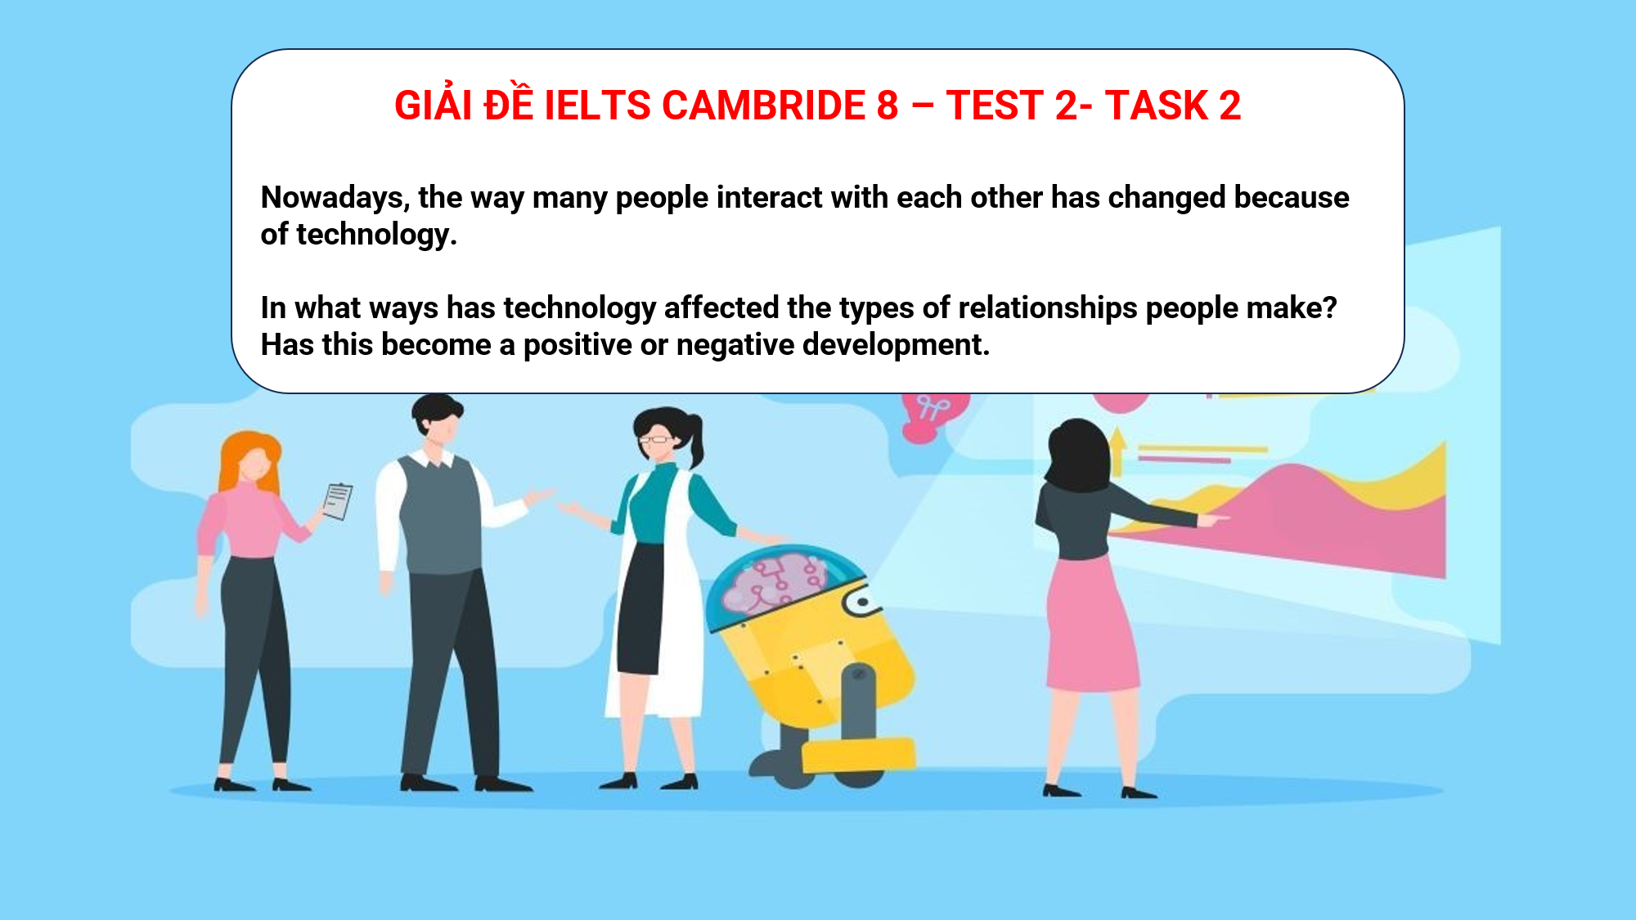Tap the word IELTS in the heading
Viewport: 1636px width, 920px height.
pyautogui.click(x=597, y=105)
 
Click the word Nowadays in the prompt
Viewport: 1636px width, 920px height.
pyautogui.click(x=335, y=198)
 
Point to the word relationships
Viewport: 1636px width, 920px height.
pyautogui.click(x=1047, y=308)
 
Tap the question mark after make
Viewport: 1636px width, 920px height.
pyautogui.click(x=1329, y=308)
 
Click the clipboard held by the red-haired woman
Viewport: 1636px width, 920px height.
pyautogui.click(x=337, y=500)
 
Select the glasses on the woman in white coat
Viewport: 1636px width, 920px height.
pyautogui.click(x=657, y=439)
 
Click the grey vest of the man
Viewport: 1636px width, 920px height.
pyautogui.click(x=440, y=515)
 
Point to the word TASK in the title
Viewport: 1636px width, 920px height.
pyautogui.click(x=1156, y=105)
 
